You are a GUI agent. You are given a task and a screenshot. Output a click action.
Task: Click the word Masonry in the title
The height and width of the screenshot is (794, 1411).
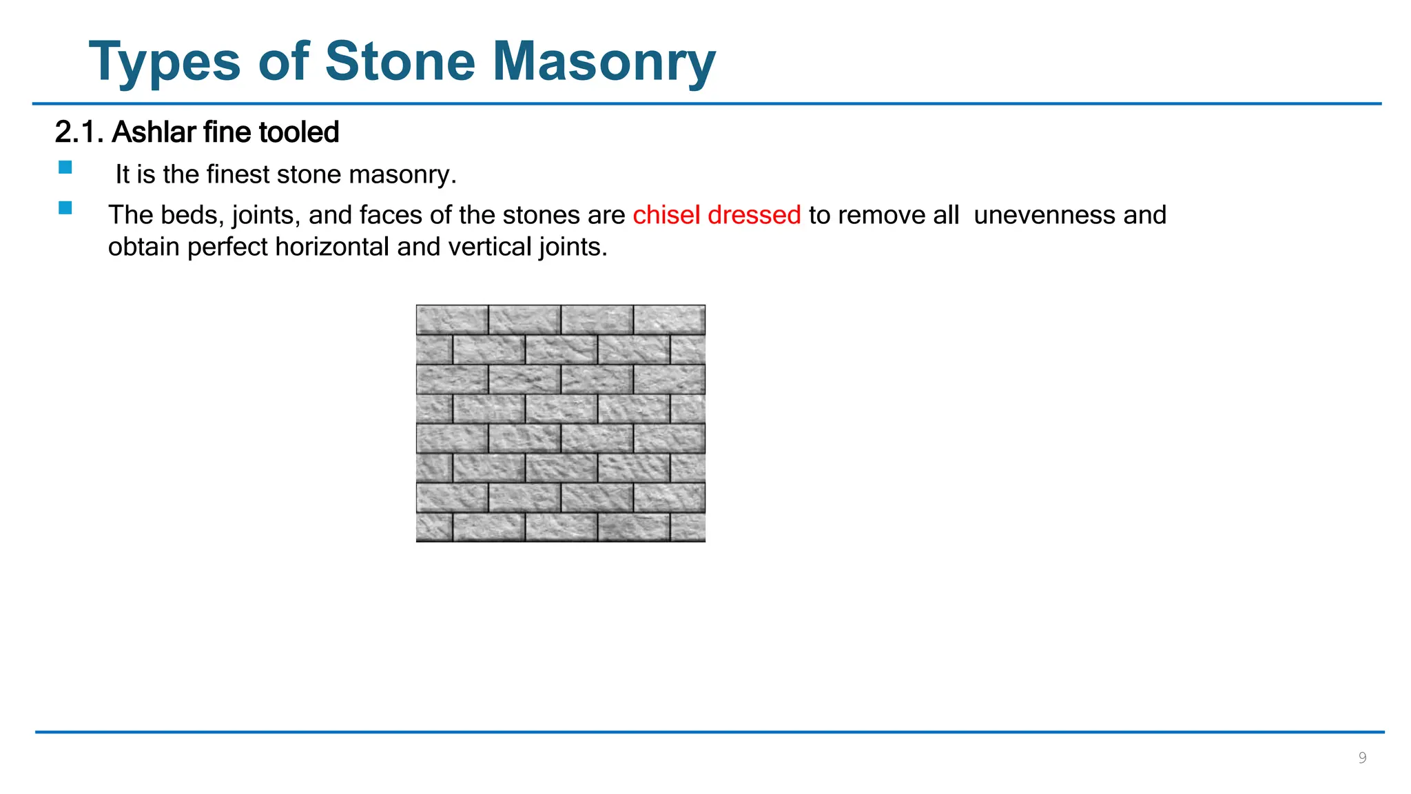(x=604, y=62)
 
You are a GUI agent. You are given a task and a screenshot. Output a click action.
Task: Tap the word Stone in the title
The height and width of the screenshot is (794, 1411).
(x=400, y=62)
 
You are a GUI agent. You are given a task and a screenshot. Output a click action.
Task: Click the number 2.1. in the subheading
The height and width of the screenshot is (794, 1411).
(x=79, y=132)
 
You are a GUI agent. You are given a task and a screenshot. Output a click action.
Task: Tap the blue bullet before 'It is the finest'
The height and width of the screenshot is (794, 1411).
(x=65, y=167)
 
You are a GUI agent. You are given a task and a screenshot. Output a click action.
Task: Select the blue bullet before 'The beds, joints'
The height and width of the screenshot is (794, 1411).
(x=65, y=208)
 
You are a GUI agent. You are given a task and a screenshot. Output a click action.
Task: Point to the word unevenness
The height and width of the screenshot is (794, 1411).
(x=1044, y=215)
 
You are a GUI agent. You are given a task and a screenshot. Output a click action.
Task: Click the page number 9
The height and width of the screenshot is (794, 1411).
(x=1361, y=758)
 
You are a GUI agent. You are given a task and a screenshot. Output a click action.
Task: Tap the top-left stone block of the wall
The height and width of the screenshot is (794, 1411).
(x=452, y=320)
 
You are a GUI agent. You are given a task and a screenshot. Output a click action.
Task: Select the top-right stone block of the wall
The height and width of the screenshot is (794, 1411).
(x=669, y=320)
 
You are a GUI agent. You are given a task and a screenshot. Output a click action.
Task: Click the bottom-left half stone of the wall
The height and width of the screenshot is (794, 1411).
(x=434, y=527)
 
